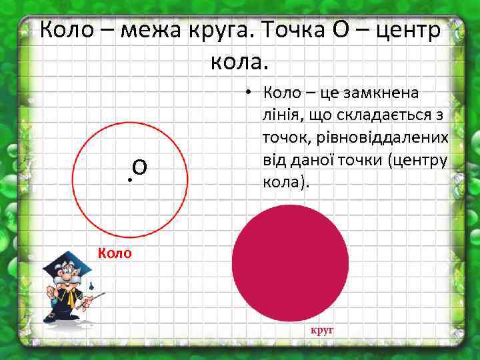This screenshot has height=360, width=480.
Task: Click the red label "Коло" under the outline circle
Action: click(x=115, y=253)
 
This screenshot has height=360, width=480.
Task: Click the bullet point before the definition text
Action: click(x=246, y=92)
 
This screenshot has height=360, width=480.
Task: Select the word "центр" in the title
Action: click(x=409, y=29)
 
